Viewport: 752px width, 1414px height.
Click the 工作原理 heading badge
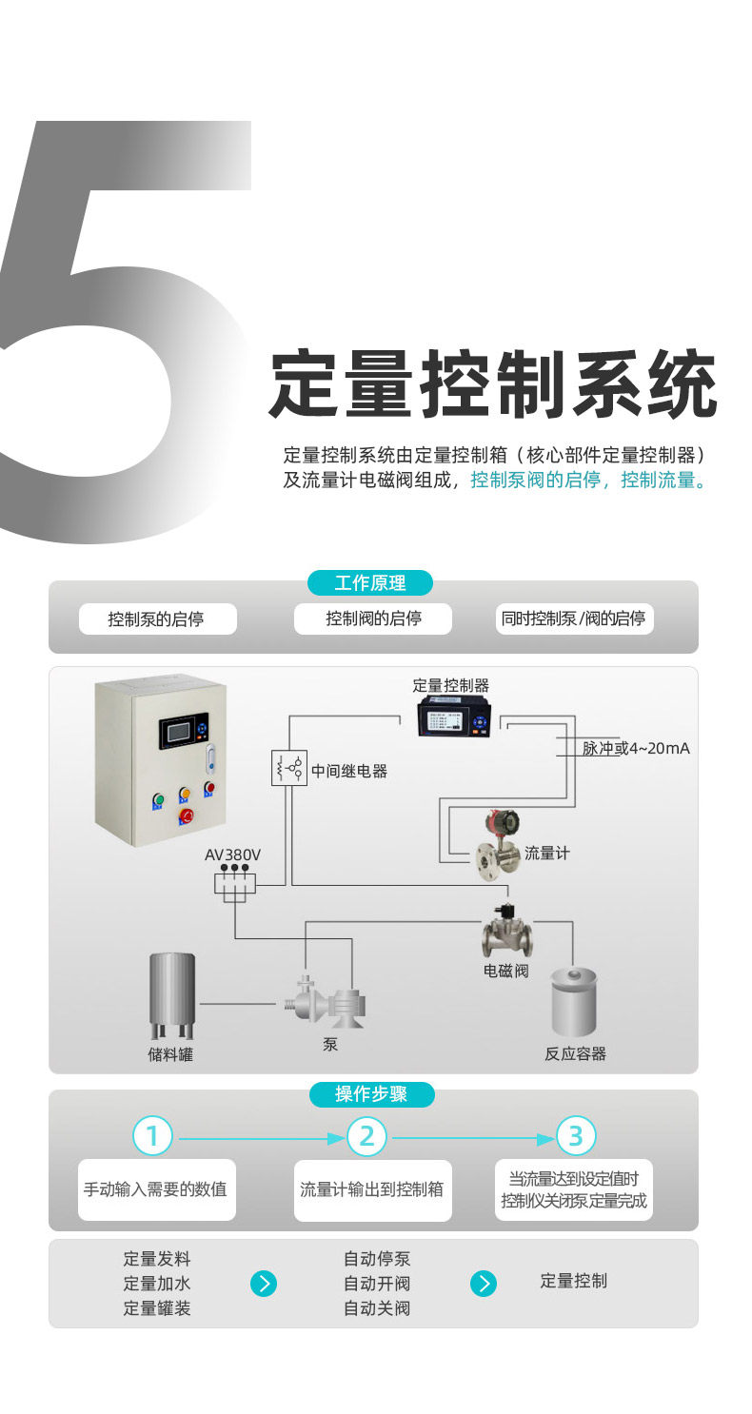coord(370,583)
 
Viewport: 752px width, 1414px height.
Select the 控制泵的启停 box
coord(156,619)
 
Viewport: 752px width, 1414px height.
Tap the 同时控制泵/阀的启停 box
coord(573,619)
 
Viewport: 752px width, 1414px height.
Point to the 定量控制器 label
coord(450,685)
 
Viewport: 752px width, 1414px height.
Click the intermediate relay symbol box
coord(289,767)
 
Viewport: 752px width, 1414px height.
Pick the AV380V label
coord(232,854)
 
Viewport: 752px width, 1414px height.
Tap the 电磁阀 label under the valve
coord(505,972)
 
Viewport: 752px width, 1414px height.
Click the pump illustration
coord(327,1001)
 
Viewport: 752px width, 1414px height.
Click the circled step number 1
coord(152,1135)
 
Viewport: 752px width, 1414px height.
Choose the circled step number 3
coord(575,1135)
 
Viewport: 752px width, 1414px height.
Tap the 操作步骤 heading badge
coord(371,1094)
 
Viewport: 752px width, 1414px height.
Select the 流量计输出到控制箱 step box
coord(371,1189)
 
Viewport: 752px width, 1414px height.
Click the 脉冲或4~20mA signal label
coord(636,749)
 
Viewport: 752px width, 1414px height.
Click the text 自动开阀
coord(377,1283)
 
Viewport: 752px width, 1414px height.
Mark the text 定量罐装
coord(157,1308)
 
